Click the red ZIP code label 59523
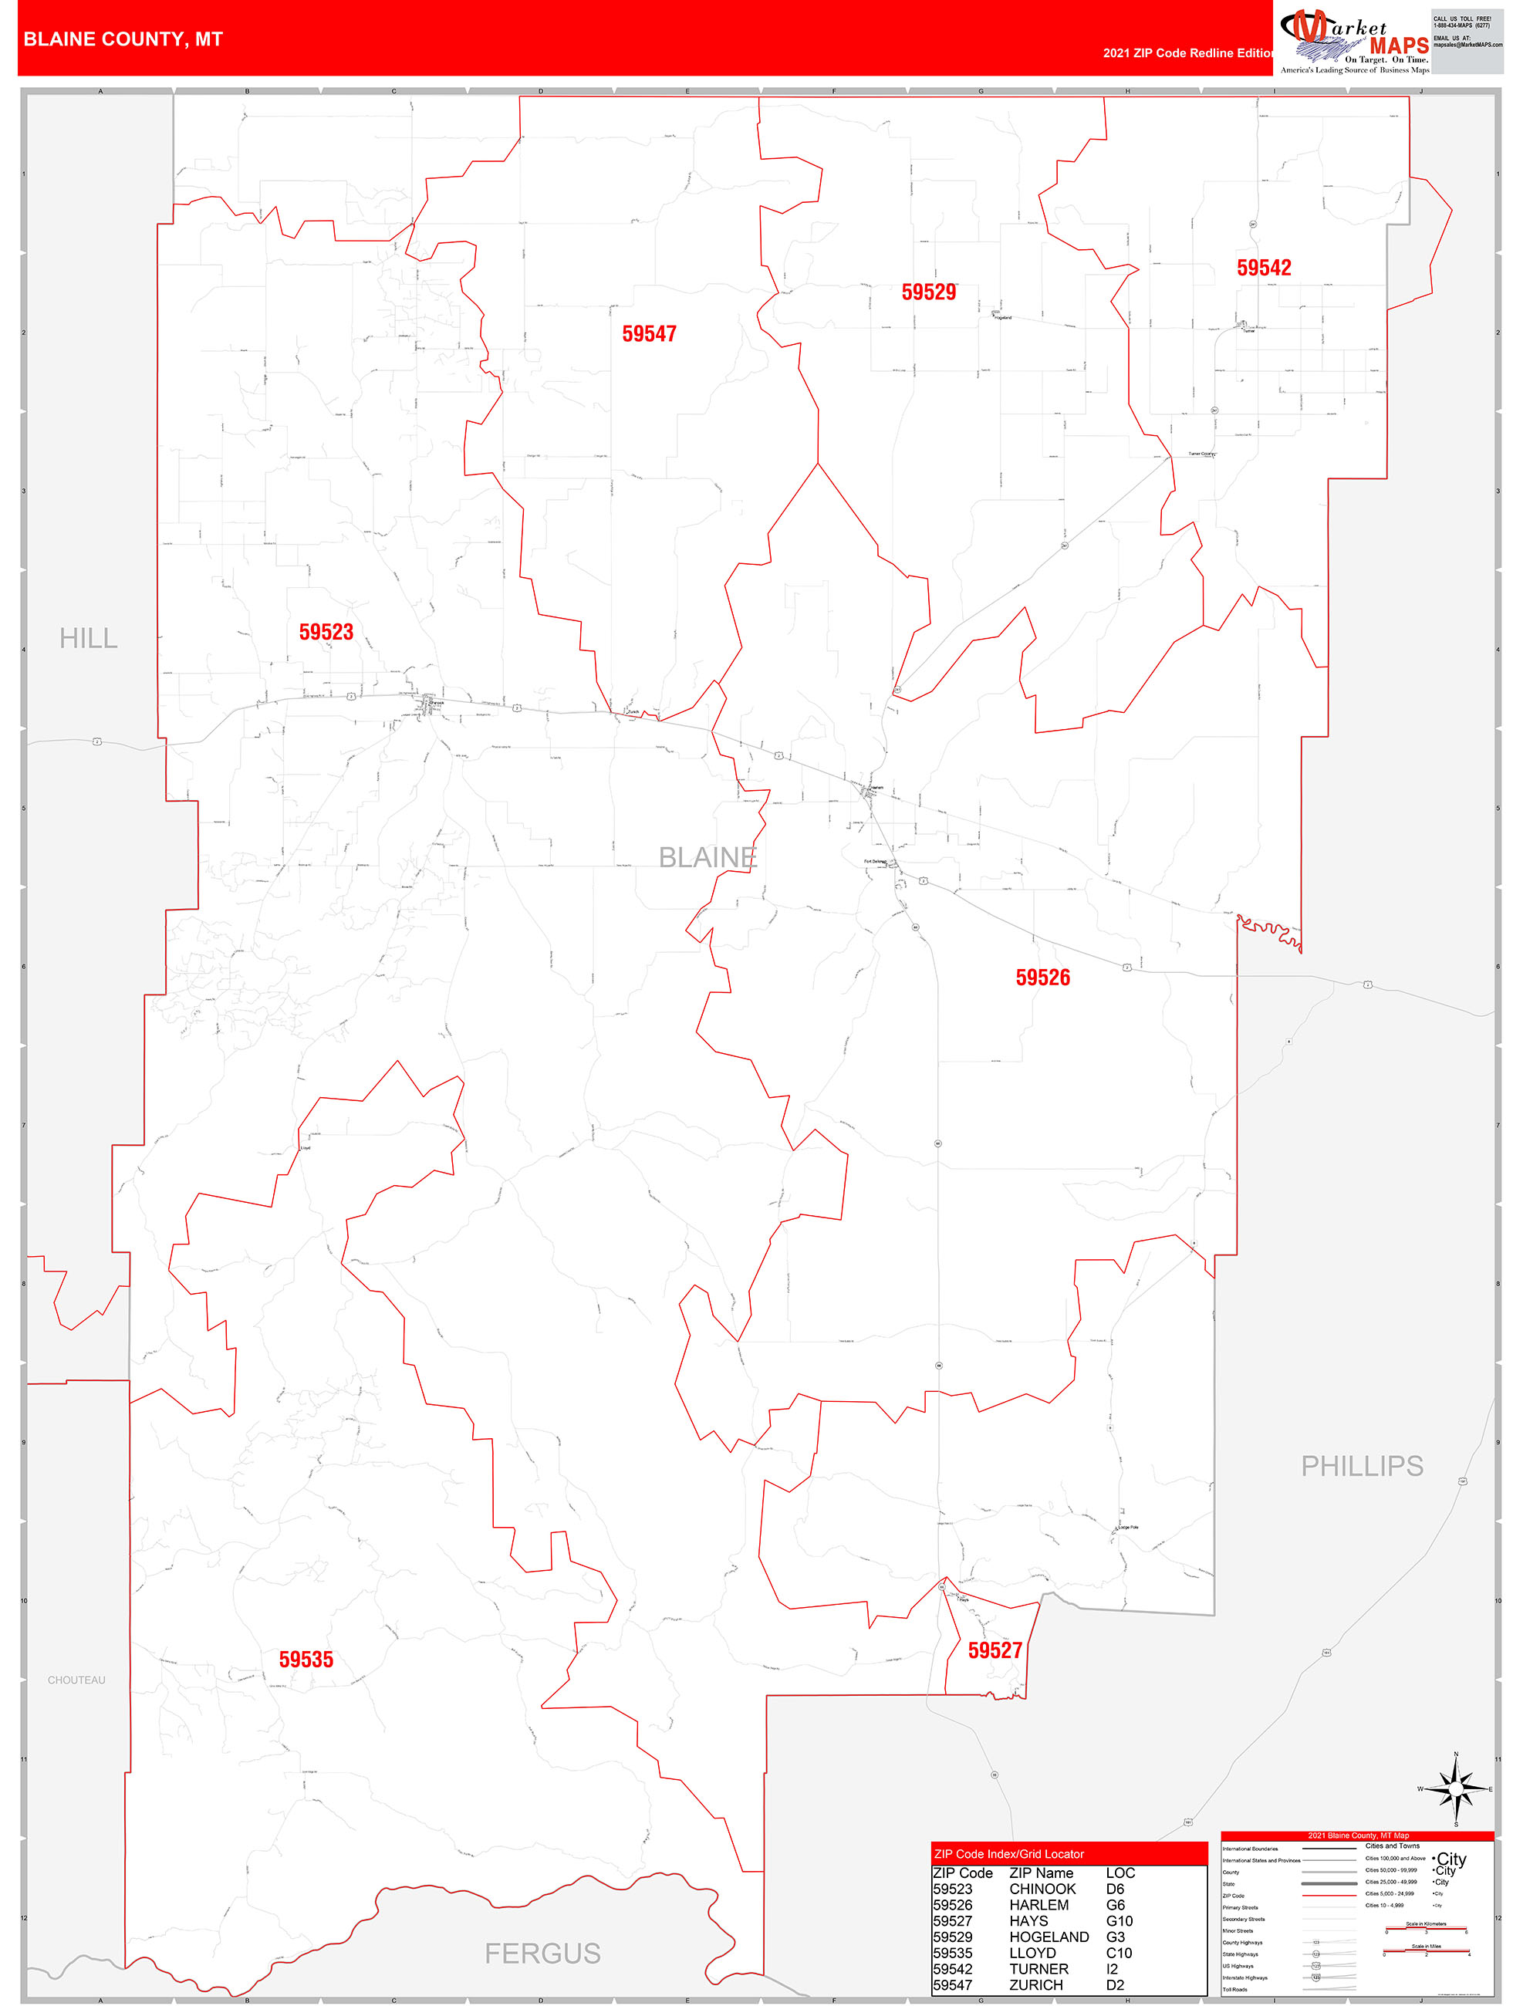(326, 632)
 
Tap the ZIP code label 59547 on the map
(649, 334)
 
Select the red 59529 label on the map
(928, 292)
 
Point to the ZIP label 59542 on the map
(1264, 268)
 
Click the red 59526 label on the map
(1042, 978)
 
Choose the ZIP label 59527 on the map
(995, 1650)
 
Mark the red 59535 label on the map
(306, 1660)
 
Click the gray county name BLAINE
(708, 857)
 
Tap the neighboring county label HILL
(88, 638)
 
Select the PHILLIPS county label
(1362, 1465)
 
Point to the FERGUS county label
(542, 1954)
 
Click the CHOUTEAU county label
(76, 1680)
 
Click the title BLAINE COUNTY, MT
(123, 39)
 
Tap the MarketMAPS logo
(1353, 41)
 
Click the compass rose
(1455, 1789)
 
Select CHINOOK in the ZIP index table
(1042, 1889)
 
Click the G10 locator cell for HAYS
(1120, 1921)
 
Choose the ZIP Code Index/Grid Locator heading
(1008, 1854)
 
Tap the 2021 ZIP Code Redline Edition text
(1187, 52)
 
